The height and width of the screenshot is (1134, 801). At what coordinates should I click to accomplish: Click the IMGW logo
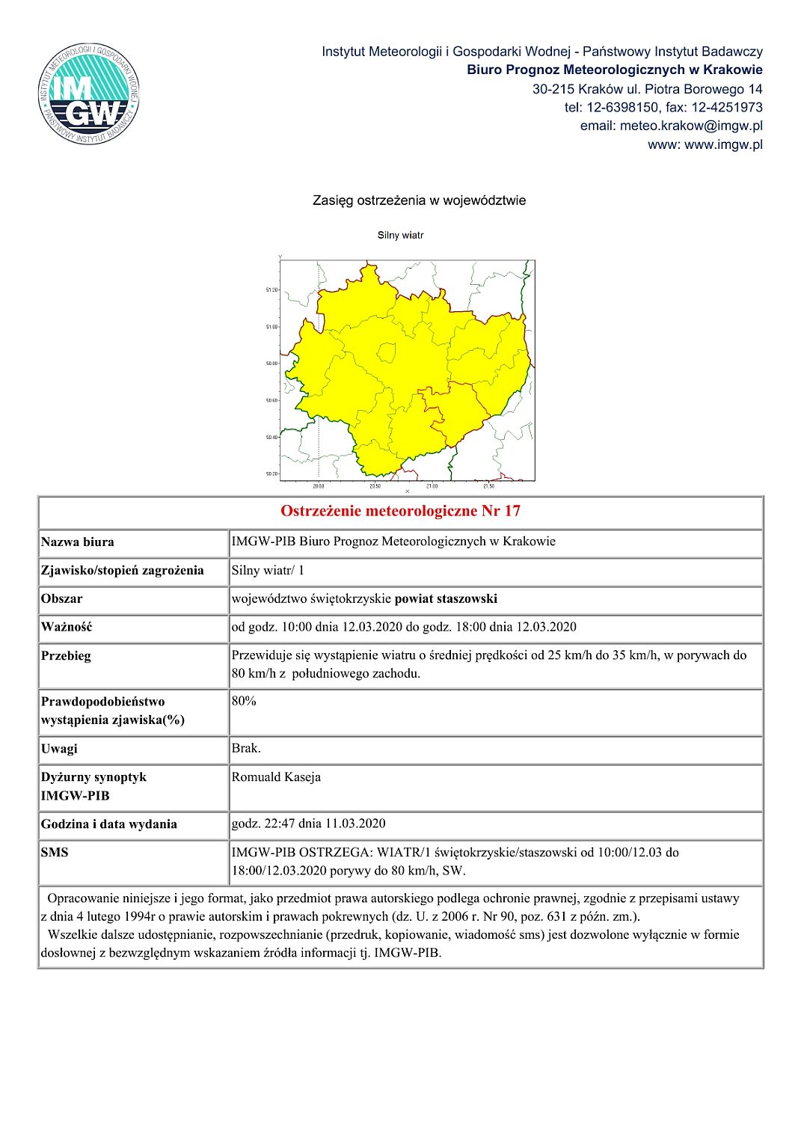pos(89,94)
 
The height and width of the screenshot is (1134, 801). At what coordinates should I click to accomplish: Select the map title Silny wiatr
pos(400,235)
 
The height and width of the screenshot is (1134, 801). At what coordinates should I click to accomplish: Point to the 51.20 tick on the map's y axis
pos(271,289)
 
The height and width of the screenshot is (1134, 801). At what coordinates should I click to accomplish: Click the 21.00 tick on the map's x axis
pos(432,486)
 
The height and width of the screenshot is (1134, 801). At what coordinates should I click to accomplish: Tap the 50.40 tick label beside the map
pos(271,437)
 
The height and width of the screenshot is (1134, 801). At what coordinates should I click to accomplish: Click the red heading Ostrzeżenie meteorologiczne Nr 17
pos(400,511)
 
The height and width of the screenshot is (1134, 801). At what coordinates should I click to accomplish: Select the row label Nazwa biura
pos(78,542)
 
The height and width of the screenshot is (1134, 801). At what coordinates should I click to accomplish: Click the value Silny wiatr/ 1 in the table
pos(268,570)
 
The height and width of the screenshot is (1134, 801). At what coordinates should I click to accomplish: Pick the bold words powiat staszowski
pos(446,598)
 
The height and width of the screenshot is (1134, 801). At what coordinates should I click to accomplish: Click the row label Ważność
pos(67,627)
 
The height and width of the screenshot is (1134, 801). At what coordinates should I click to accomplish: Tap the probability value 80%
pos(244,701)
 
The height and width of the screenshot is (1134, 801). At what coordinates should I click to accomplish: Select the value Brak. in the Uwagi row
pos(246,748)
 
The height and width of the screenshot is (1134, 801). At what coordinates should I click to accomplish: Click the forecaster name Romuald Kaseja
pos(276,776)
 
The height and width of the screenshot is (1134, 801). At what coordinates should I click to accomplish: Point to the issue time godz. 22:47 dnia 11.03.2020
pos(308,824)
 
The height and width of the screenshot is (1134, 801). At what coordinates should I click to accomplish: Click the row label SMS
pos(55,852)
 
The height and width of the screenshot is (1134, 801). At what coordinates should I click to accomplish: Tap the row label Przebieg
pos(66,655)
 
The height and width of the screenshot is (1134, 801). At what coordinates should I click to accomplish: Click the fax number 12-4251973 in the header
pos(726,107)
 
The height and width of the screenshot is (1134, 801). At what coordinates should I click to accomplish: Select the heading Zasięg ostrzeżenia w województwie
pos(419,200)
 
